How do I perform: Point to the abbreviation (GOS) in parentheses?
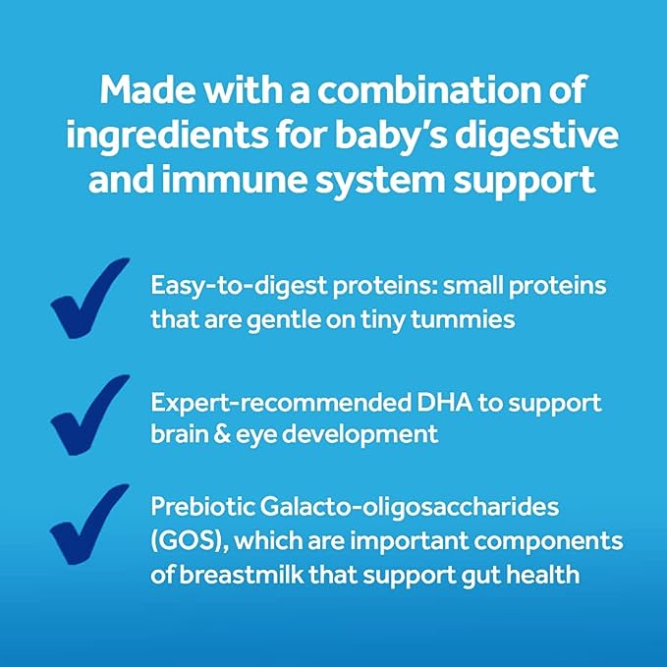coord(179,543)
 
